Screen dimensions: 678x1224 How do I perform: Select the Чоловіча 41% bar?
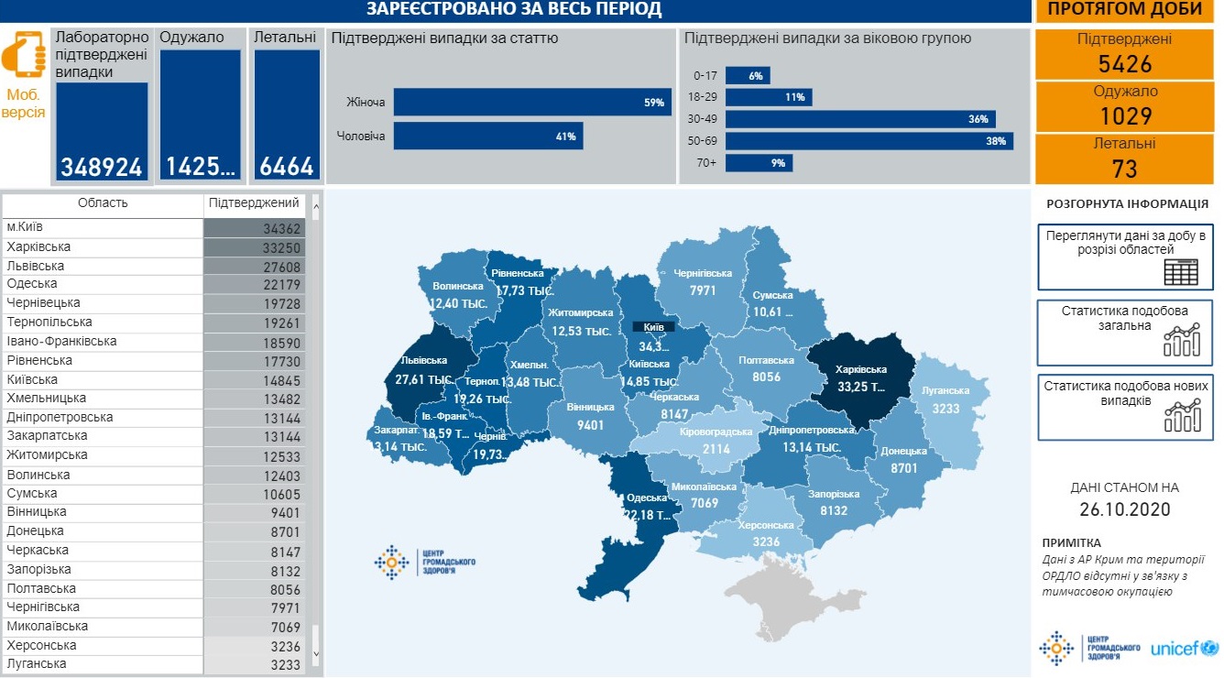[487, 137]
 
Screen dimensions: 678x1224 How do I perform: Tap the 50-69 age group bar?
[869, 141]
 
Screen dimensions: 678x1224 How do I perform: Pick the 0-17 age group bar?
[748, 76]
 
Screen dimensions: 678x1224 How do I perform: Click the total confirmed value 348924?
[102, 167]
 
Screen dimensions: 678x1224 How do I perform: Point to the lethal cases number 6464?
[287, 167]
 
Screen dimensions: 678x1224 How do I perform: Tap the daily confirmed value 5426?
[1124, 63]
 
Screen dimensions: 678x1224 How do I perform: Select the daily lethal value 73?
[1124, 169]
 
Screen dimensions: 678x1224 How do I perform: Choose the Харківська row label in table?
[38, 247]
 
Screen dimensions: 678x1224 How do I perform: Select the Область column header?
[103, 203]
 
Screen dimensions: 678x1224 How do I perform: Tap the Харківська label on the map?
[860, 369]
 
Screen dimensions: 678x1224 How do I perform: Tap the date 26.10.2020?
[1124, 510]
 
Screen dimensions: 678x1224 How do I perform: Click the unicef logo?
[1186, 649]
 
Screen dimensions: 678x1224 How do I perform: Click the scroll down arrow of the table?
[316, 654]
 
